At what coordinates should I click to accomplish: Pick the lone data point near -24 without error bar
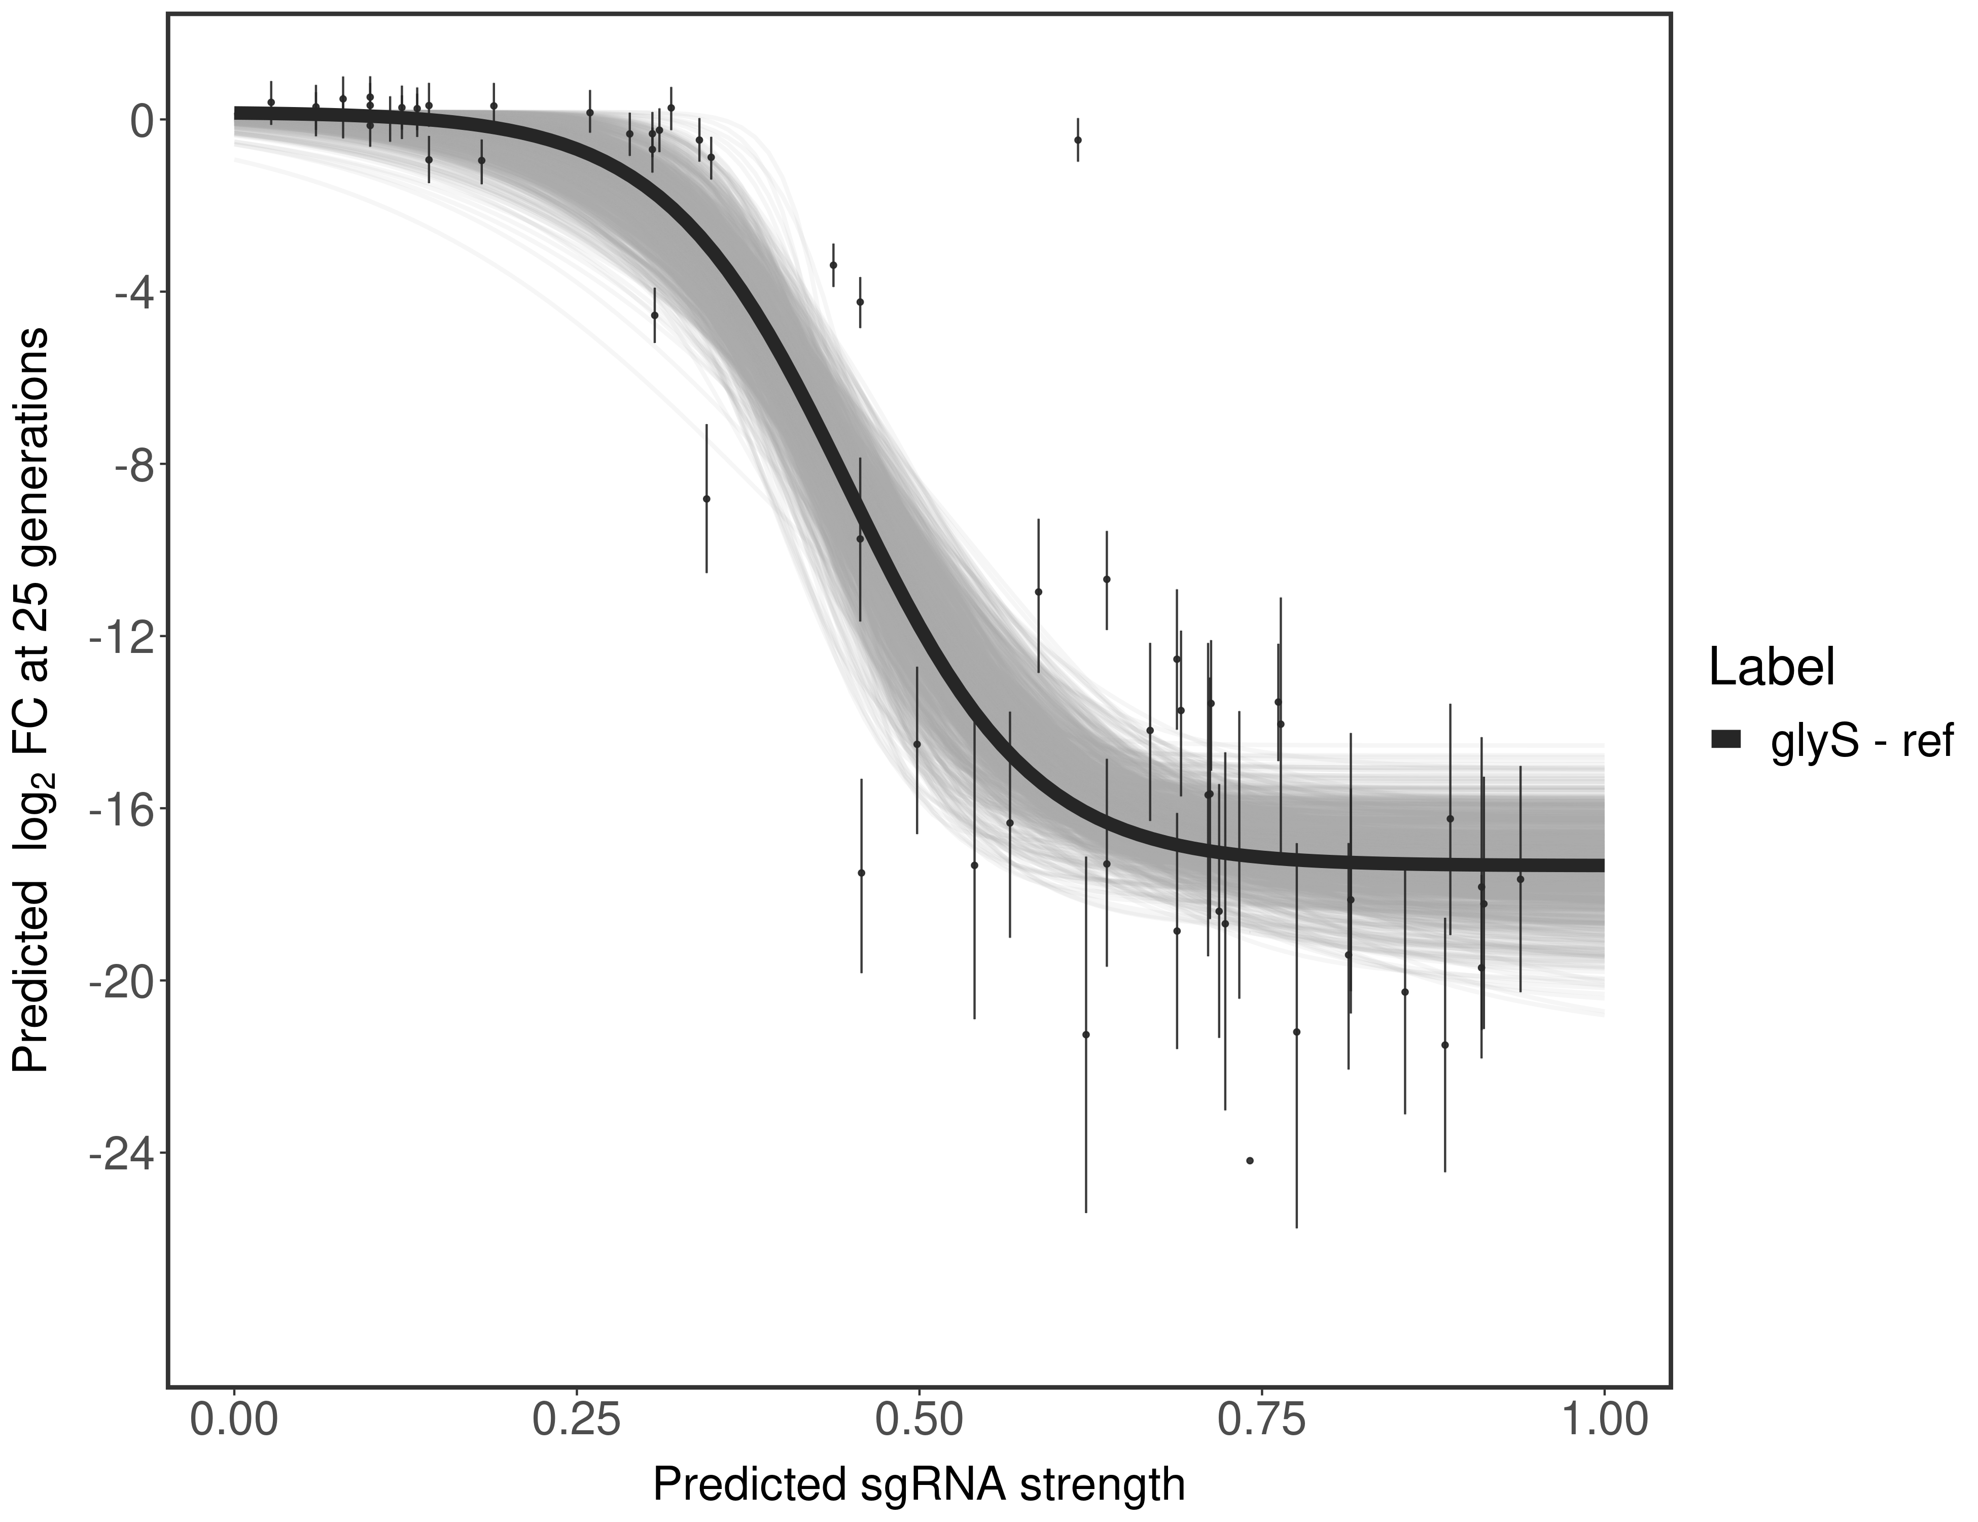(x=1250, y=1161)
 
